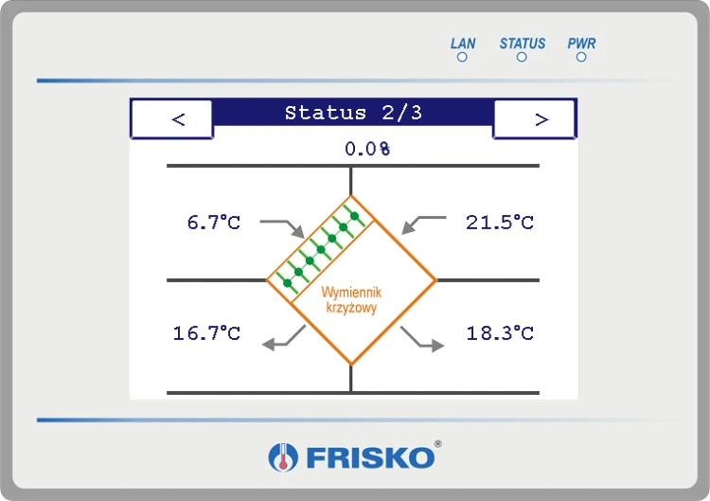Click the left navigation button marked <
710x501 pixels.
pos(172,119)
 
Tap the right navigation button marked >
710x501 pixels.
pos(534,119)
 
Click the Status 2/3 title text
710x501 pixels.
pos(353,113)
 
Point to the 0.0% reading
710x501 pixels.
pos(367,149)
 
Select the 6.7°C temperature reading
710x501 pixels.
pos(214,223)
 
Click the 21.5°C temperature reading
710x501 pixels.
pos(500,223)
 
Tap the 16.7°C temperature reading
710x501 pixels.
pos(206,333)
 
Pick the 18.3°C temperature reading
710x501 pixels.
pos(500,333)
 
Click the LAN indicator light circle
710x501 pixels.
pos(462,57)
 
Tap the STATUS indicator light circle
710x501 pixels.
pos(522,57)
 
